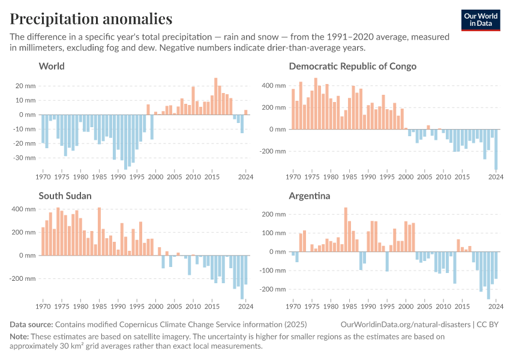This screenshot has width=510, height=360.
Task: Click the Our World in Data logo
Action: click(480, 20)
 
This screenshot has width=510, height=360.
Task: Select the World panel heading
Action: click(52, 66)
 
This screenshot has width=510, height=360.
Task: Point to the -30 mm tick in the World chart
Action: click(25, 158)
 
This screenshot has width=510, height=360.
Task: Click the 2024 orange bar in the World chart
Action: click(246, 112)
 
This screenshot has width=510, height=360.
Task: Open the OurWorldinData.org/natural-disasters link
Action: click(405, 325)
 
